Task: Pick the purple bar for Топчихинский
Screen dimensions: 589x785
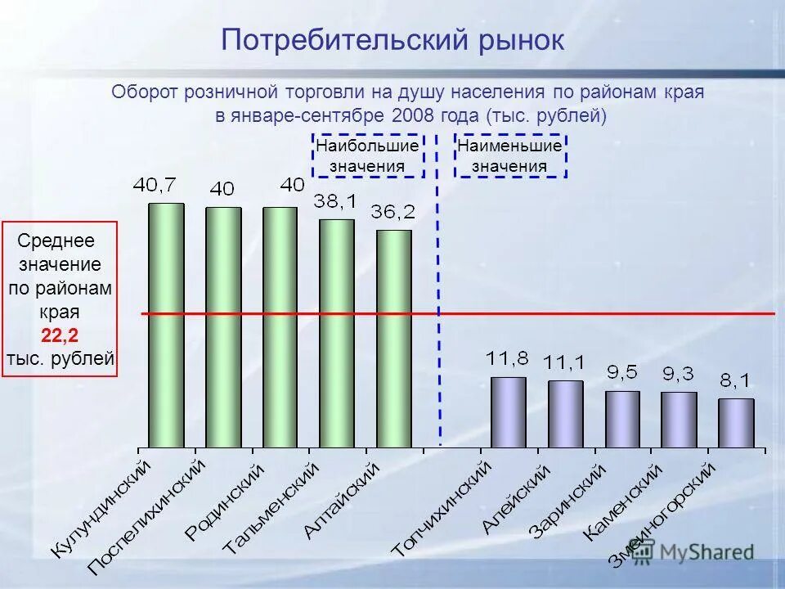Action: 509,412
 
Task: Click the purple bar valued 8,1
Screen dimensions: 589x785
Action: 736,423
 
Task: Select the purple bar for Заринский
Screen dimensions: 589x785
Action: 622,419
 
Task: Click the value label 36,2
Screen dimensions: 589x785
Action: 393,212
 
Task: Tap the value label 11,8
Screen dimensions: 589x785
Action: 507,358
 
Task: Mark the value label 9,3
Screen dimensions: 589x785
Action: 678,374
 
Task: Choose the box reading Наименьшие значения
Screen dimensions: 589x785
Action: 510,155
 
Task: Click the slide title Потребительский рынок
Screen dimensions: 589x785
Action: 392,39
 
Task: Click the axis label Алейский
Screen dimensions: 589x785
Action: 517,499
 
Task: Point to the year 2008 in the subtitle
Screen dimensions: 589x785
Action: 417,115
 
